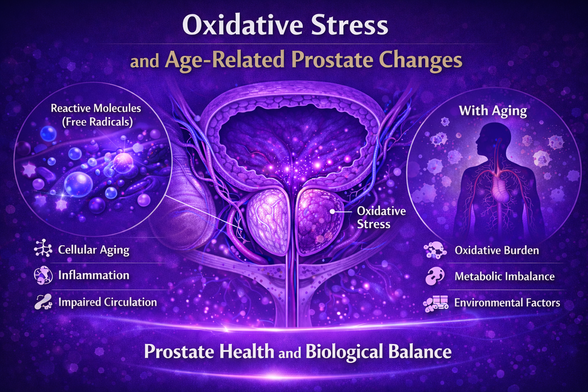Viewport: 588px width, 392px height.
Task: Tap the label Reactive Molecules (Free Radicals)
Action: [96, 115]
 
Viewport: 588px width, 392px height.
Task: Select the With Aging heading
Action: [493, 111]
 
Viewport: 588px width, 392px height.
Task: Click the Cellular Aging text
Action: [93, 250]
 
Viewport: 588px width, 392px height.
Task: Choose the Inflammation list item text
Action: [93, 275]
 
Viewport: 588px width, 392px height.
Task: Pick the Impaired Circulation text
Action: [107, 302]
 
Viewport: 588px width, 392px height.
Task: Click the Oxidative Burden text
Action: [497, 250]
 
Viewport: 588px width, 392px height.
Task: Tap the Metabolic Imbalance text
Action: [504, 276]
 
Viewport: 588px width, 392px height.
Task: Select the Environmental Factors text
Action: [507, 303]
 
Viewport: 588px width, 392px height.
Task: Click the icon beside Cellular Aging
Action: [43, 249]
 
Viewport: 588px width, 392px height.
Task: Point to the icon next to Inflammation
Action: [43, 275]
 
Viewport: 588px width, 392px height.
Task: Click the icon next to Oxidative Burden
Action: [435, 250]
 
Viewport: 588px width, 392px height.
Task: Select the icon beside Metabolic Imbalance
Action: [435, 276]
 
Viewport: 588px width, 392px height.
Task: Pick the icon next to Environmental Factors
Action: [436, 303]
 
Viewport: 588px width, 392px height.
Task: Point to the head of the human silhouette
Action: [486, 138]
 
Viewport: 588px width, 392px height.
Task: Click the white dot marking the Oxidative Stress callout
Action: [332, 211]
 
